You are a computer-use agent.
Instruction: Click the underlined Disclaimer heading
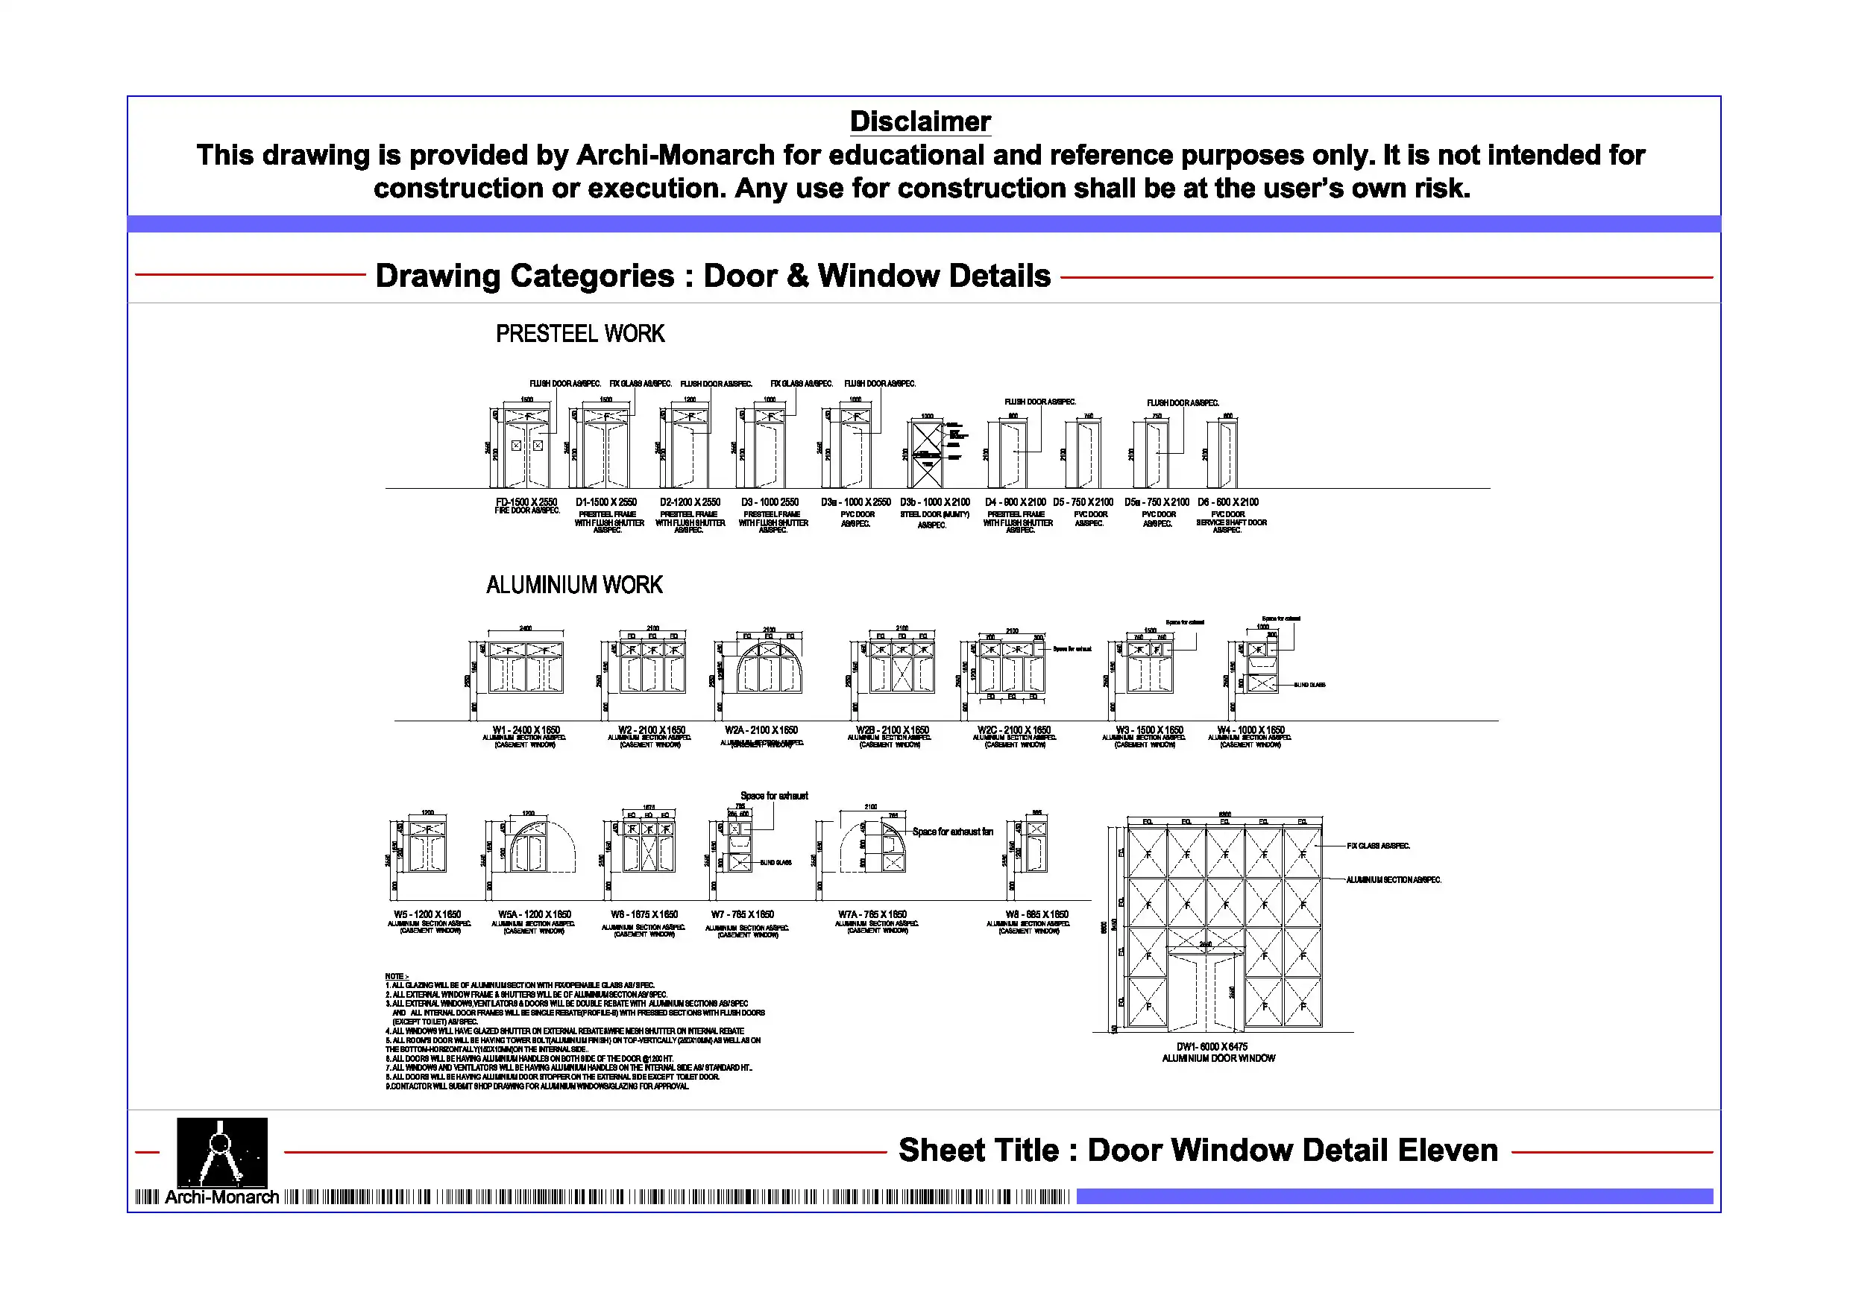[919, 121]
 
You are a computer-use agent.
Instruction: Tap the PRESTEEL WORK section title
[580, 333]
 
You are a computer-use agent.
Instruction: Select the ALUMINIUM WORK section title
[574, 585]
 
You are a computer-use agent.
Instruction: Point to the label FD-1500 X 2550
[526, 501]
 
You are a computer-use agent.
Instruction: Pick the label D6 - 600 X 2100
[1227, 501]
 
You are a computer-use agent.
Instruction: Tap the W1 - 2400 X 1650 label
[526, 730]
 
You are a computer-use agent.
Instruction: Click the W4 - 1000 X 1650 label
[1250, 730]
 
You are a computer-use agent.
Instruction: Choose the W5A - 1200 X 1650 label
[534, 914]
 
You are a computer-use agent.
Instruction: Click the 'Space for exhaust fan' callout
[952, 832]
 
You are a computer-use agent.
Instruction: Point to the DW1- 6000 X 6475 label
[1212, 1046]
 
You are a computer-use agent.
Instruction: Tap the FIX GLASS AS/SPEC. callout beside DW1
[1378, 846]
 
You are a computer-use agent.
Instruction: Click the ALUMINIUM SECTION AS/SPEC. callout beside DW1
[1393, 879]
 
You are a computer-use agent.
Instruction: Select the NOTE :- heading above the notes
[397, 976]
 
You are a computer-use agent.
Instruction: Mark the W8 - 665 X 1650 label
[1037, 914]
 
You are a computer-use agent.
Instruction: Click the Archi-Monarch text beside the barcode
[221, 1197]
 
